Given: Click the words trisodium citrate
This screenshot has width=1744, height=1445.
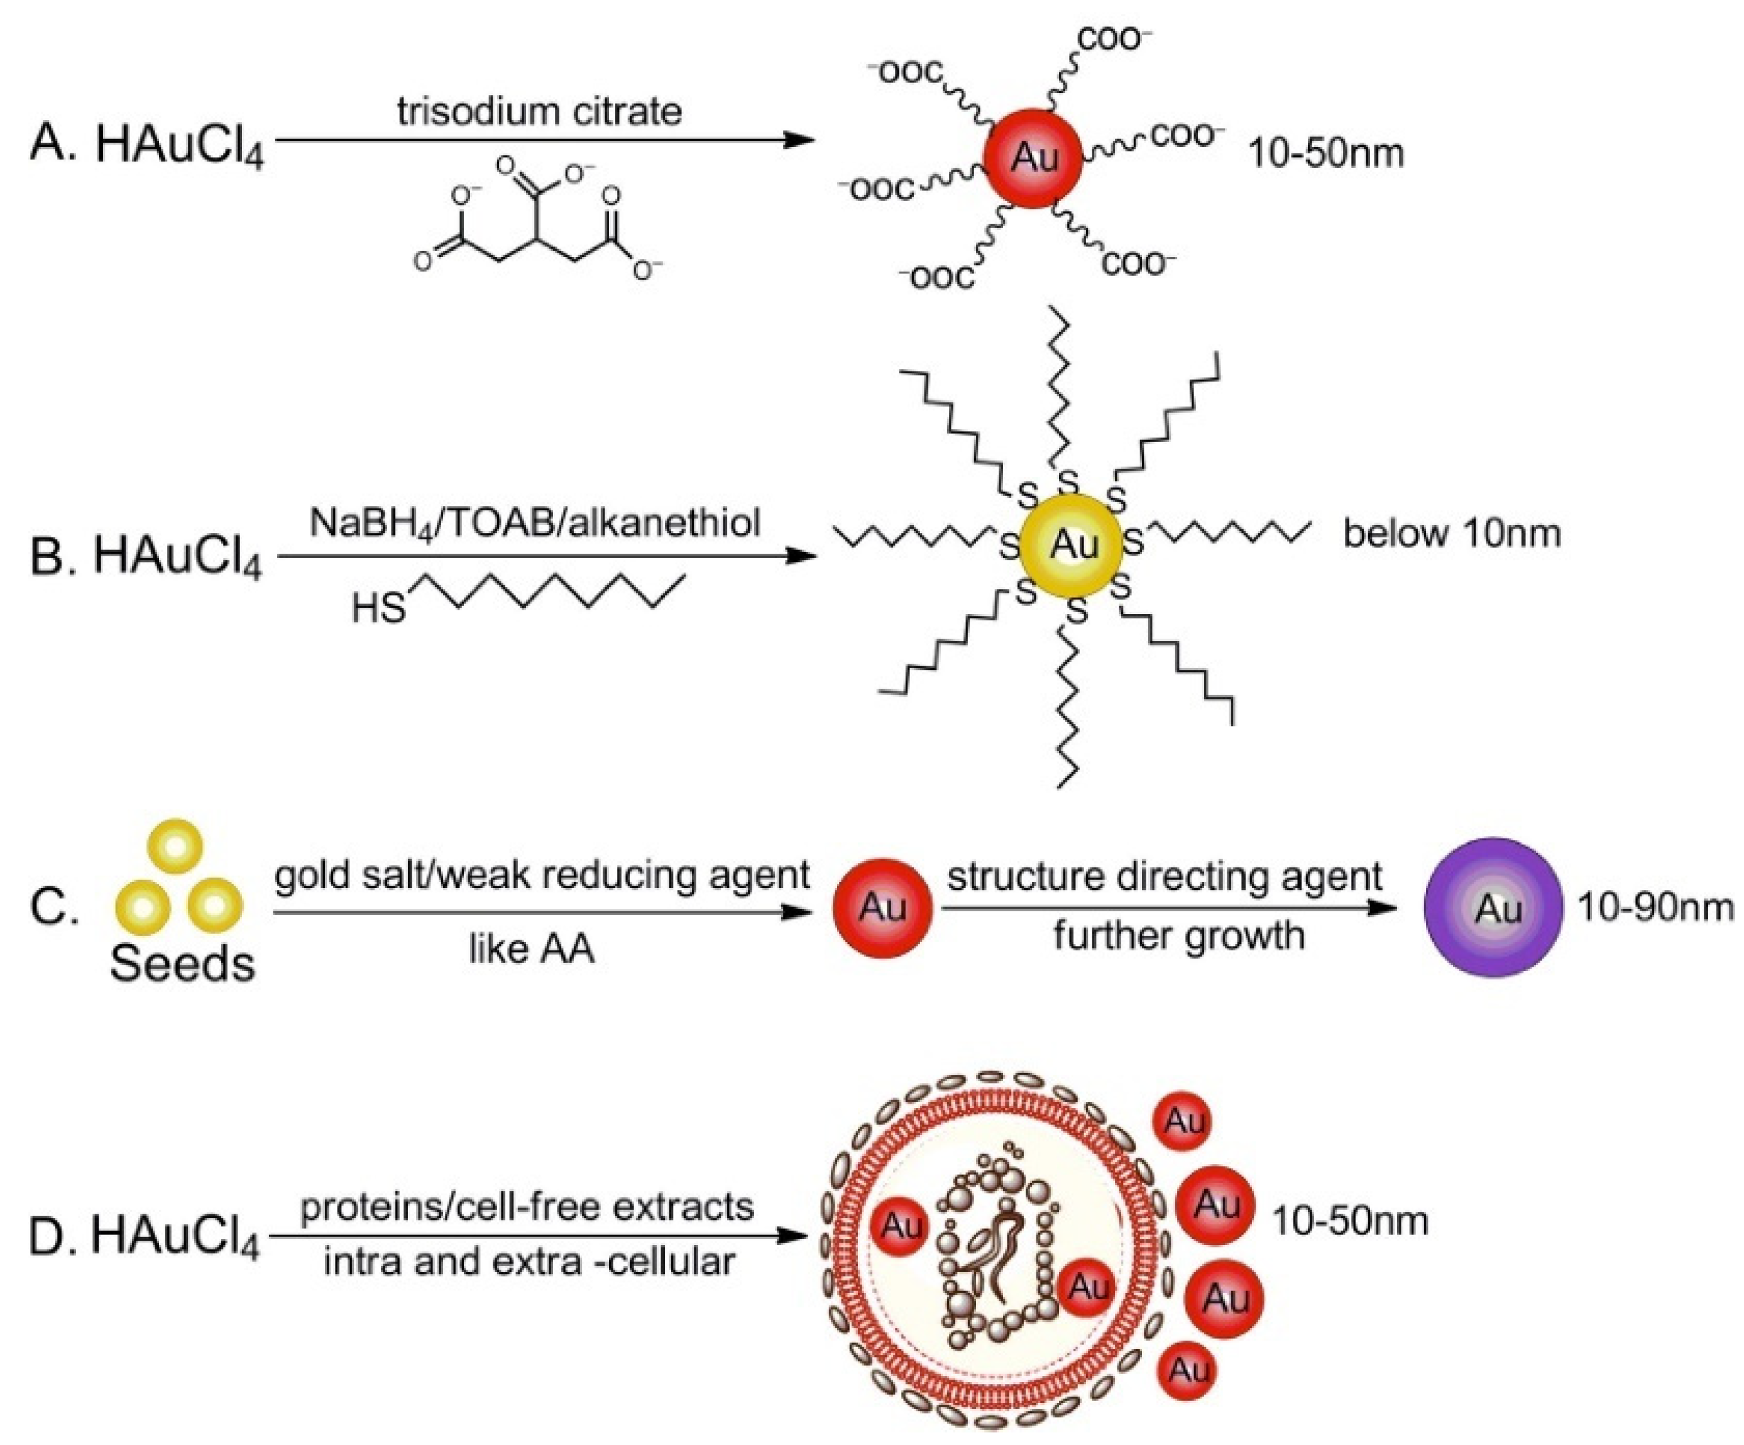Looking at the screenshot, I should (x=540, y=111).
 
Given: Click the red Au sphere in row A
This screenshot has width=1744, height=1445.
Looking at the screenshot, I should (x=1033, y=158).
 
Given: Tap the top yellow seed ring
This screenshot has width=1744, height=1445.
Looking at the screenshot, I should (x=175, y=847).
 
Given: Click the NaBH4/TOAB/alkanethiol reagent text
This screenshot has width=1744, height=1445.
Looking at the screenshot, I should (x=535, y=523).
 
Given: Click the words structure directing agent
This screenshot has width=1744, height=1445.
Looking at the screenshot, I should (x=1165, y=876).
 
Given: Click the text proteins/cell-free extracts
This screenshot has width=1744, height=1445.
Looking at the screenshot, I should (x=527, y=1207).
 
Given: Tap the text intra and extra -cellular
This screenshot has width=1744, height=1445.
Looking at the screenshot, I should (x=529, y=1261).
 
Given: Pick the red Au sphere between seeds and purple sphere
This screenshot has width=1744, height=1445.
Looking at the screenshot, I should (x=882, y=908).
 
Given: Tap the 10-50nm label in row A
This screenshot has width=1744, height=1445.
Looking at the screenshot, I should (x=1326, y=155).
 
